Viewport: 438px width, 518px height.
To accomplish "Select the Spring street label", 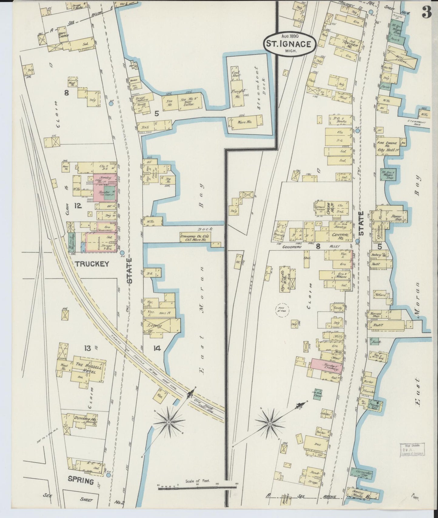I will point(80,480).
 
